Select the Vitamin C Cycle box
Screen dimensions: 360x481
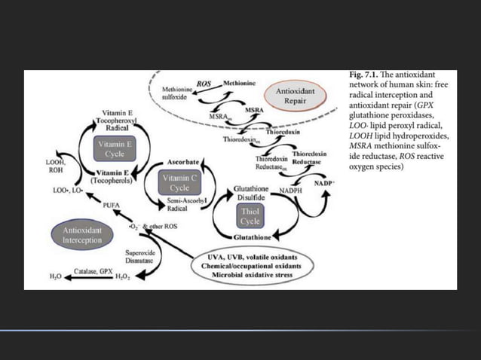coord(179,182)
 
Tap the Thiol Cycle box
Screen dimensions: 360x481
coord(250,216)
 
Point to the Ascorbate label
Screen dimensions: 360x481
coord(183,161)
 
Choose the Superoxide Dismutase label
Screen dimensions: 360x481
coord(140,258)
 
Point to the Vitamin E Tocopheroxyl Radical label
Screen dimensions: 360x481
coord(118,121)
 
